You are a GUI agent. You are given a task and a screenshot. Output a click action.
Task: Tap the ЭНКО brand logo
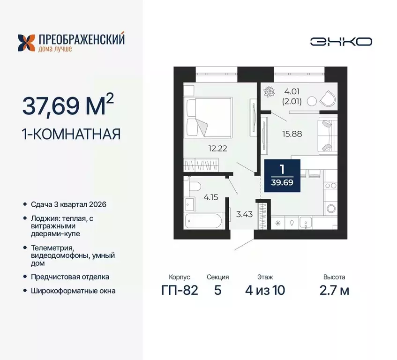(x=341, y=41)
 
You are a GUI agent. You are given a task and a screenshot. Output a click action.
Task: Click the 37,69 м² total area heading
(x=67, y=105)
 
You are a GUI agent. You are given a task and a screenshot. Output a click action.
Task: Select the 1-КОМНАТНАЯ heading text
(x=72, y=134)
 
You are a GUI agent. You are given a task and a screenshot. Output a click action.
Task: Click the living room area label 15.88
(x=292, y=134)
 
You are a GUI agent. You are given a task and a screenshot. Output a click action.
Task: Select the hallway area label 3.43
(x=243, y=215)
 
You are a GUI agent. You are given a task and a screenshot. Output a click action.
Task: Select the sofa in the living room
(x=327, y=135)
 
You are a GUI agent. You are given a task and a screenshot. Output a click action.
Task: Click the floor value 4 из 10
(x=265, y=290)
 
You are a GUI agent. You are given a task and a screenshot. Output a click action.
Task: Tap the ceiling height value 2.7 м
(x=334, y=290)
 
